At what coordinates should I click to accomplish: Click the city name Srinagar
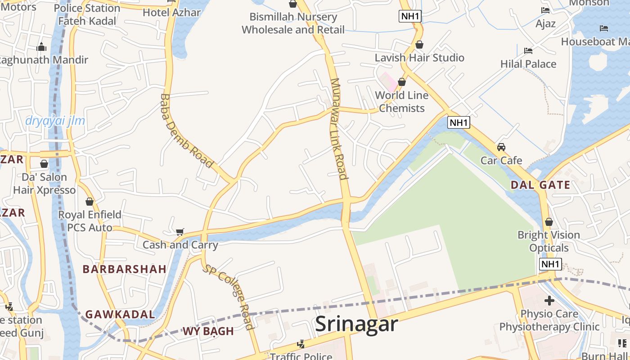pos(356,324)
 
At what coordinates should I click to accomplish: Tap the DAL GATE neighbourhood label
pos(540,185)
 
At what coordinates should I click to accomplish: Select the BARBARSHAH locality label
pos(125,269)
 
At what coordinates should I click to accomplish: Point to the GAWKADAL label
pos(120,314)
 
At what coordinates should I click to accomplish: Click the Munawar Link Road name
pos(339,129)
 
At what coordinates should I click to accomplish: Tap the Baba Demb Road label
pos(186,130)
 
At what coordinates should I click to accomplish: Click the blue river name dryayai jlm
pos(55,121)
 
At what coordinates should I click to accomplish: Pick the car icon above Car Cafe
pos(501,147)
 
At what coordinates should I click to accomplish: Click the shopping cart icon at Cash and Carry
pos(180,232)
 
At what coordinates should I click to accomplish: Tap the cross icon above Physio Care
pos(549,300)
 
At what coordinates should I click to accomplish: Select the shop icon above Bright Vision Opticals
pos(549,222)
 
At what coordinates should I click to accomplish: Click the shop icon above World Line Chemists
pos(402,82)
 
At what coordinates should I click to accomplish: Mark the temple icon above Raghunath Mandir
pos(41,47)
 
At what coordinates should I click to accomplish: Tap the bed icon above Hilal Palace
pos(528,51)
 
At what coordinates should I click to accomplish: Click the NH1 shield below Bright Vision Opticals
pos(550,264)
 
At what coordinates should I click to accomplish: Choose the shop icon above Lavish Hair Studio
pos(419,45)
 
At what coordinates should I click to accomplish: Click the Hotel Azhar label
pos(171,12)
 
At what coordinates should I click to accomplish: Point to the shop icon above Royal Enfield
pos(90,202)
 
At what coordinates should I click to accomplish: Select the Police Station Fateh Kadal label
pos(87,14)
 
